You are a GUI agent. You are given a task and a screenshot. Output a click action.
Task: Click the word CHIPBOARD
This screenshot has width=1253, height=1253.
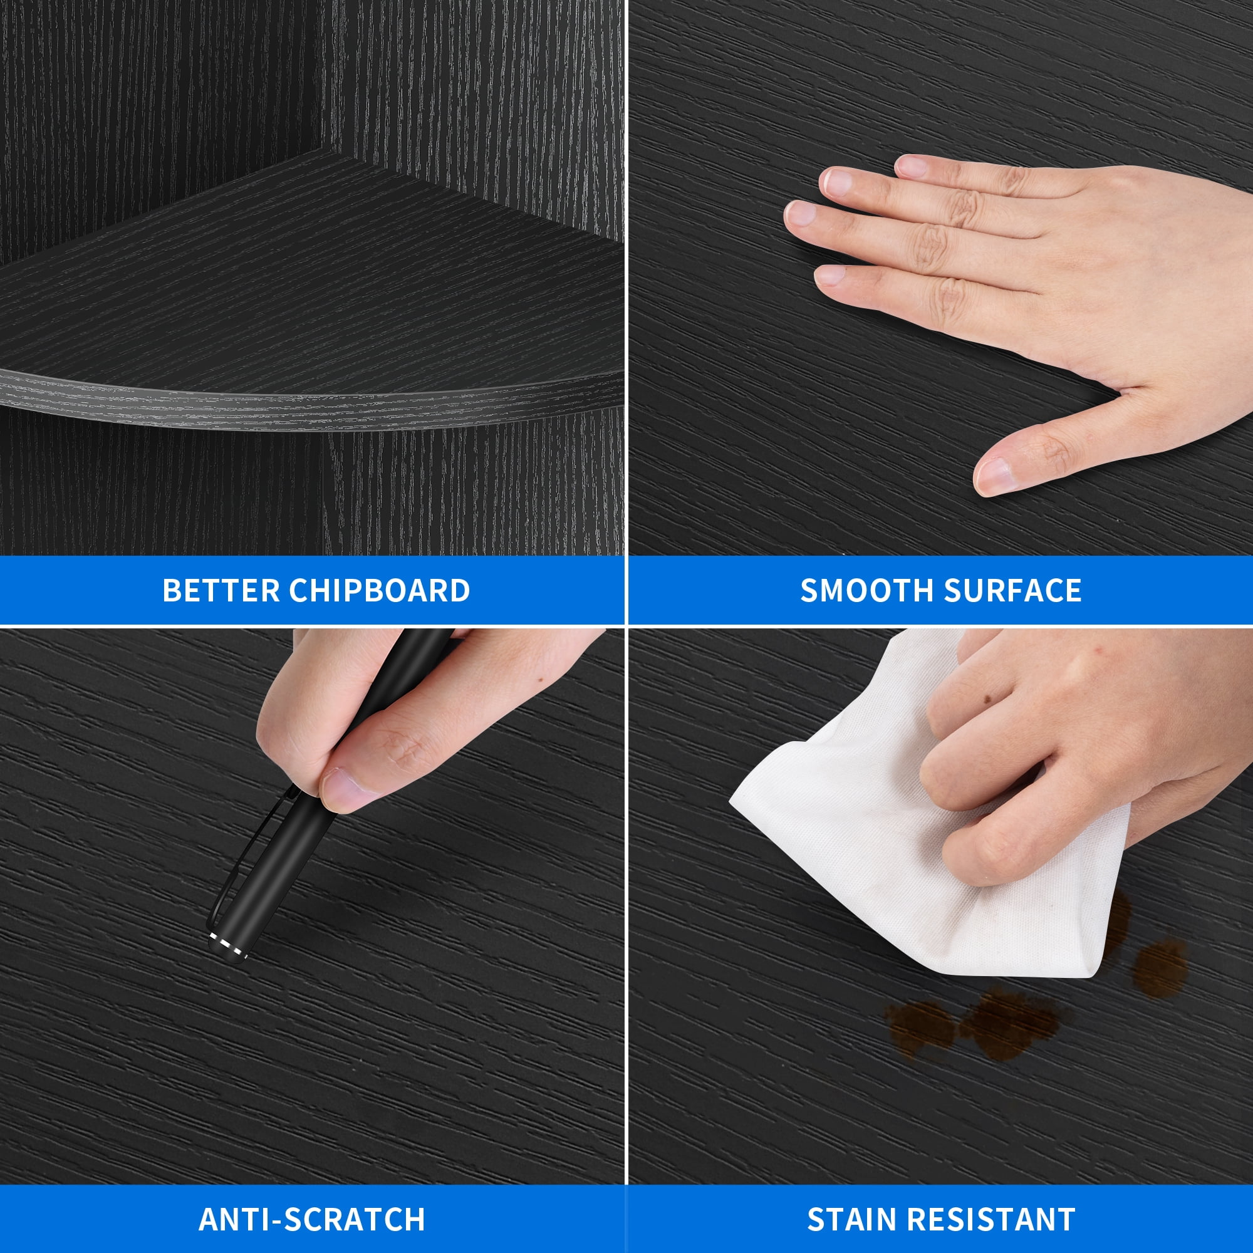[380, 591]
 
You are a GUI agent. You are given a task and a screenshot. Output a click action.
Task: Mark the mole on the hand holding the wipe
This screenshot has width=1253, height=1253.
[989, 700]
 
